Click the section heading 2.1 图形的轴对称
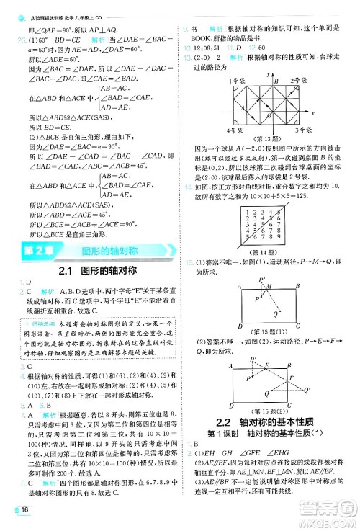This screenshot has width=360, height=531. (x=91, y=271)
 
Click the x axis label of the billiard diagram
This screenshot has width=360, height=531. (x=313, y=113)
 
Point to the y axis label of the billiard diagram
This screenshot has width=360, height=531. (x=267, y=74)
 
